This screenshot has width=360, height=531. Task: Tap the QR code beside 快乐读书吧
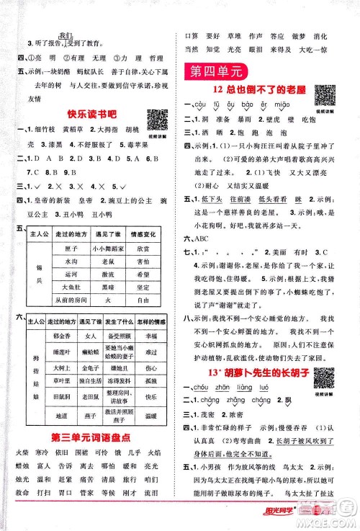(x=156, y=117)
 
